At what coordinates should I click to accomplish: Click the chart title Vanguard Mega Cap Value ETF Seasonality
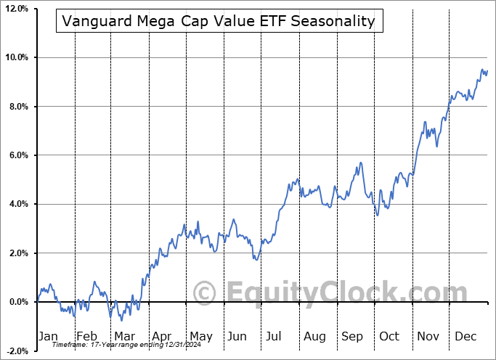tap(219, 21)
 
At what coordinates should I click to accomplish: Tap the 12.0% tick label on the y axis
tap(16, 9)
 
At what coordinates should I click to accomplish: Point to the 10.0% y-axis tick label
tap(16, 57)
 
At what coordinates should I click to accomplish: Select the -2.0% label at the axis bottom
tap(17, 351)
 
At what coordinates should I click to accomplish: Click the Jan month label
tap(49, 336)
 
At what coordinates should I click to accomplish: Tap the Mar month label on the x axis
tap(124, 336)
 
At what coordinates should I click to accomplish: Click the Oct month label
tap(389, 336)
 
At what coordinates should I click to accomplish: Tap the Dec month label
tap(465, 336)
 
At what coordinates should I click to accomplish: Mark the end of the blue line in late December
tap(487, 70)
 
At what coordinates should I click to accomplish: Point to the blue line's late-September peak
tap(360, 163)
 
